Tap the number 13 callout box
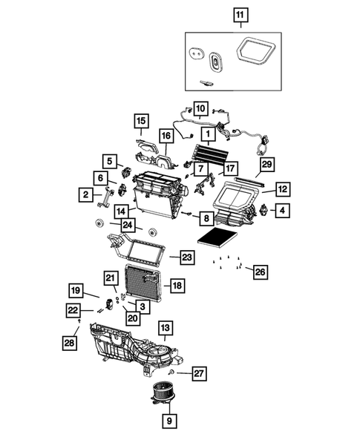point(165,327)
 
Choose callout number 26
point(260,272)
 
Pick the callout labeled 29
point(265,163)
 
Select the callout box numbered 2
point(87,194)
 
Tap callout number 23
point(186,257)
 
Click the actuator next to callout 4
point(262,211)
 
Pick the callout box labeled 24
point(128,225)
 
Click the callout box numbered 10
point(200,108)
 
